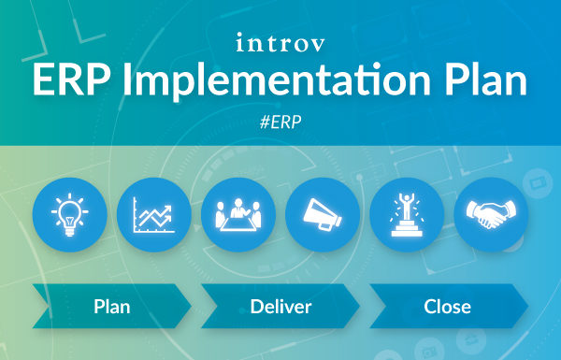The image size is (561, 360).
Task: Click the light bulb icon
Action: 70,214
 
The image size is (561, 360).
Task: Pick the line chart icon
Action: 154,214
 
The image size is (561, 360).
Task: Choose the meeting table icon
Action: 238,214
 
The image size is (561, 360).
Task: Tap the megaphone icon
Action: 323,214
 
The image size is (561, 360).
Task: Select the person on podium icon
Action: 407,214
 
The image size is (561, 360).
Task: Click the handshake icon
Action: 491,214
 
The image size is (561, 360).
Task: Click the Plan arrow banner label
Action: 112,306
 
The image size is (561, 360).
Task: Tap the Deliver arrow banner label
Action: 280,306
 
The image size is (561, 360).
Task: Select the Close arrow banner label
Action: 447,306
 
